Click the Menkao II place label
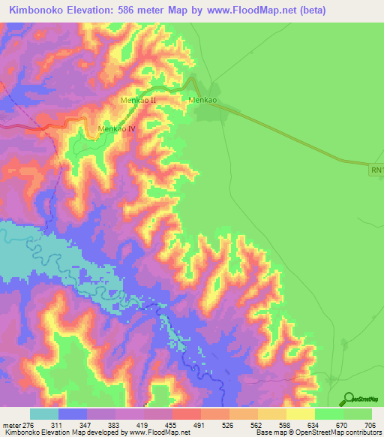tap(138, 100)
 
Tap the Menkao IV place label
tap(116, 129)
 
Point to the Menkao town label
tap(202, 100)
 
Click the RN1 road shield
tap(376, 171)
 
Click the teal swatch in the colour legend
tap(44, 414)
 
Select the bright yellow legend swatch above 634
tap(301, 414)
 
